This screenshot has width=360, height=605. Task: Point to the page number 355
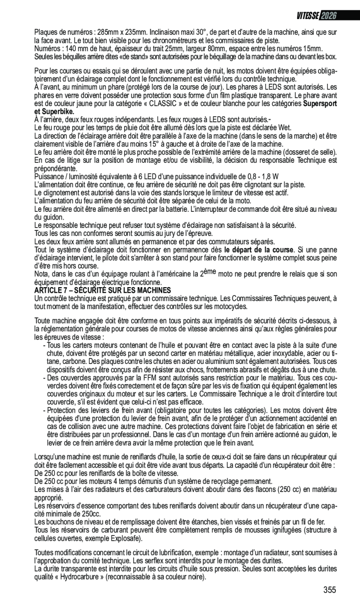click(329, 590)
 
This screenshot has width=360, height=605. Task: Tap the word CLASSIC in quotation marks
click(165, 103)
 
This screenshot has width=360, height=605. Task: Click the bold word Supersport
click(320, 103)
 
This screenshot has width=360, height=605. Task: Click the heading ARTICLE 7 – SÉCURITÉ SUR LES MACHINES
click(102, 290)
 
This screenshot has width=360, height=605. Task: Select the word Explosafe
click(125, 538)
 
